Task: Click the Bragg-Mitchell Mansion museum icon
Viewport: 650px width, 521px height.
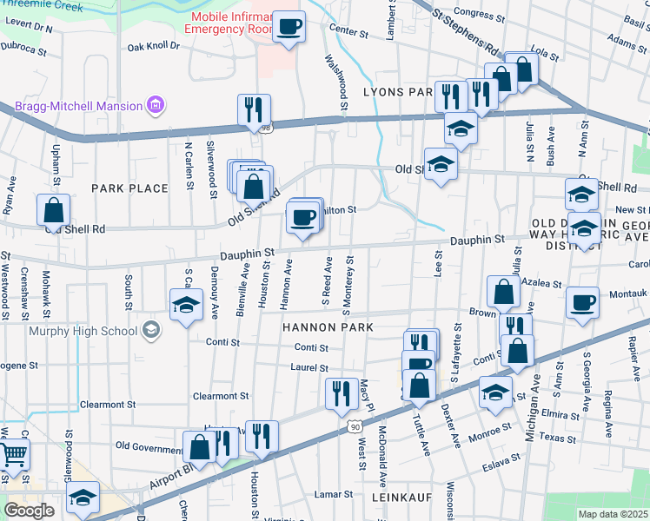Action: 156,106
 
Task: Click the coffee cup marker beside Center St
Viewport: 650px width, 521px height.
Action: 289,25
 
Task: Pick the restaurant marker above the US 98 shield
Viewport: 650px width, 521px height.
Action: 254,109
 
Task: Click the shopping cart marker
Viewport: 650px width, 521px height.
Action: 13,454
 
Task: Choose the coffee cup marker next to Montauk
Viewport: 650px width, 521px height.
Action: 582,303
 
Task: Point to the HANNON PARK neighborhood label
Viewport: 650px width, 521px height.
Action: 327,327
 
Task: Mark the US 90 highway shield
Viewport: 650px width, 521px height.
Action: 353,426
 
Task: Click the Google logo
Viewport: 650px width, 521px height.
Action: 29,510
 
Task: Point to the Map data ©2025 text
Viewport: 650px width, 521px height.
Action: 613,514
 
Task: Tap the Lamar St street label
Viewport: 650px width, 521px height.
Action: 334,494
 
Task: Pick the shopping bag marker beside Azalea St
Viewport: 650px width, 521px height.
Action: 503,293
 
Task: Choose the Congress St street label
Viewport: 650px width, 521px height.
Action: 474,12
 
